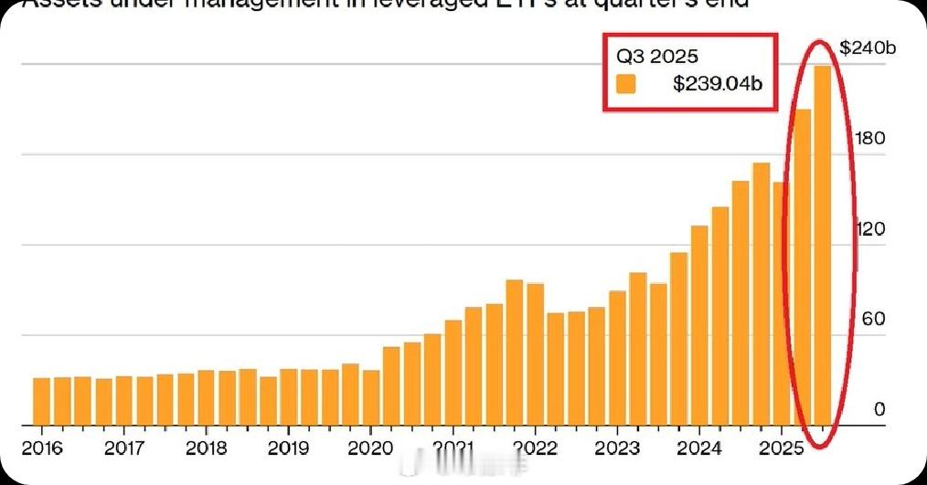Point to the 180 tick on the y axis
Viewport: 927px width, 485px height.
pos(868,138)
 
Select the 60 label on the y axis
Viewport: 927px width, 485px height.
pos(873,319)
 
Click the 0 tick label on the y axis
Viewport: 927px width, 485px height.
pos(879,409)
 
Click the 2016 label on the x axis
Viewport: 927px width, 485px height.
pos(42,448)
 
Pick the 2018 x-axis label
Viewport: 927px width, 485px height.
pos(206,448)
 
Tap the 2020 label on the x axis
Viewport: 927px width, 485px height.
pos(370,448)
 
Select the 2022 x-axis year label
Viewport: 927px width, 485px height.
pos(535,448)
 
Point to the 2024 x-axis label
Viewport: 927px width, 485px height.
pos(699,448)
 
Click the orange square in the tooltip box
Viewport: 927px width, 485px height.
pos(626,84)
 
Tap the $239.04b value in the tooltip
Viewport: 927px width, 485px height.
pos(718,84)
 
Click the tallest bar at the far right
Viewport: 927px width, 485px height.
pos(823,247)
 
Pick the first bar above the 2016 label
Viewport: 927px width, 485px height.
pos(42,402)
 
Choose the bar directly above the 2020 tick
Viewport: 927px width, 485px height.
pos(371,397)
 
